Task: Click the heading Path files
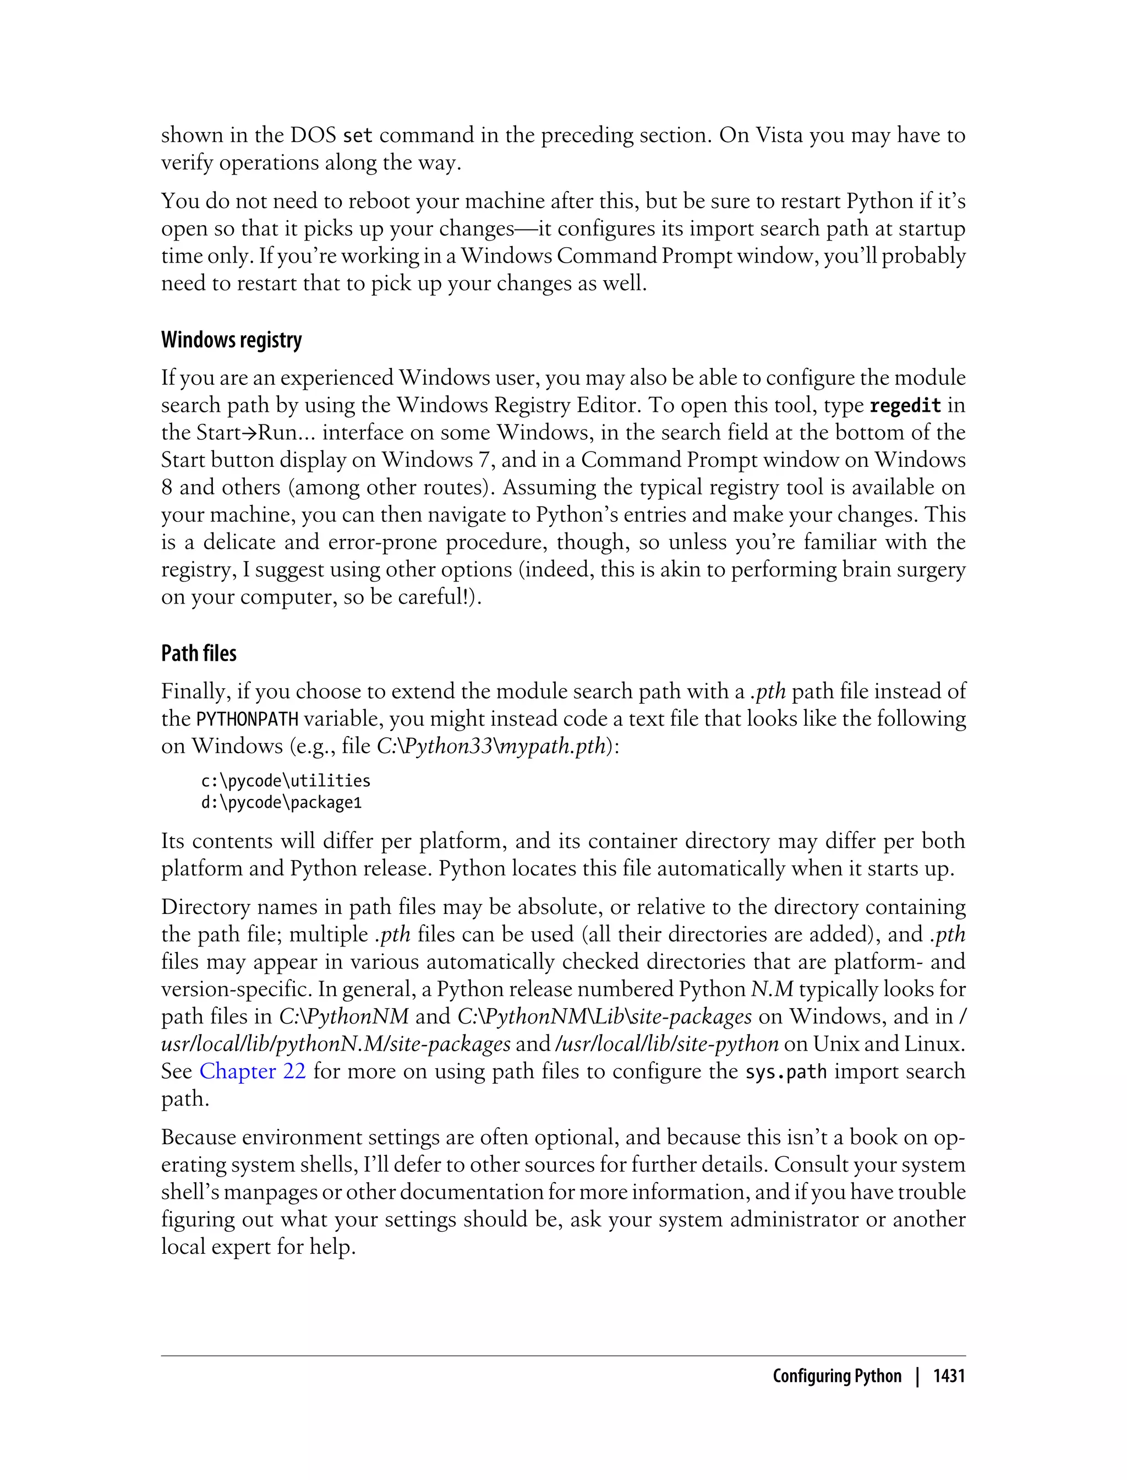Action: click(x=199, y=653)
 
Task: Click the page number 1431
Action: click(x=949, y=1376)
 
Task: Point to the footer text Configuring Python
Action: click(x=836, y=1376)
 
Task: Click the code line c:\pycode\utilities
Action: click(x=286, y=781)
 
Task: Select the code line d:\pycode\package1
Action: click(x=281, y=803)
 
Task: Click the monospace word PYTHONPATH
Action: click(x=247, y=720)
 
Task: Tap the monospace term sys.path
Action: click(x=786, y=1072)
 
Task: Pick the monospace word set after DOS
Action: click(x=357, y=136)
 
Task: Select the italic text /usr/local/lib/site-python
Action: click(x=667, y=1044)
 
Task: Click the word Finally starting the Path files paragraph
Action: click(x=192, y=692)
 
